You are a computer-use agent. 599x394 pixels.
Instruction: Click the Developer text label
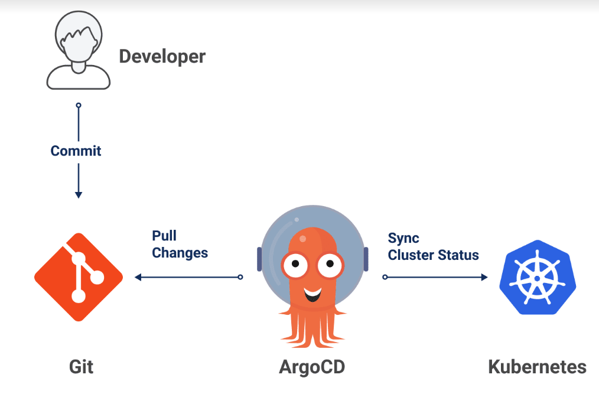click(x=162, y=57)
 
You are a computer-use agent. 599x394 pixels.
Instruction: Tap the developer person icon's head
click(x=79, y=36)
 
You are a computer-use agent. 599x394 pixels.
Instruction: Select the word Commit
click(x=76, y=151)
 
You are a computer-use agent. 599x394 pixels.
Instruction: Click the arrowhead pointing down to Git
click(x=79, y=195)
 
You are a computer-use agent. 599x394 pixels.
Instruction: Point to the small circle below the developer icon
click(x=79, y=105)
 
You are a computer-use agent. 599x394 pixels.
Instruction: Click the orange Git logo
click(x=79, y=277)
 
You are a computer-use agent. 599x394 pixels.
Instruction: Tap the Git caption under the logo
click(x=81, y=367)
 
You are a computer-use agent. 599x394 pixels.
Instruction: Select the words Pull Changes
click(x=180, y=244)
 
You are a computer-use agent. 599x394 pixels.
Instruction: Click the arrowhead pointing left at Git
click(x=138, y=277)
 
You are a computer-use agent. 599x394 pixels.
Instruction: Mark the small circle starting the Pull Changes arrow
click(x=240, y=277)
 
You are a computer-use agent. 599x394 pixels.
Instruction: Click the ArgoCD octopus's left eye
click(x=295, y=263)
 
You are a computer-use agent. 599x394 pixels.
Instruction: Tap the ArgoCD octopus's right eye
click(x=330, y=263)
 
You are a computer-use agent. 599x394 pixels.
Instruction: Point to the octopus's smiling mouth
click(x=312, y=294)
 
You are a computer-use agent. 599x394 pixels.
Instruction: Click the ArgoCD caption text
click(x=312, y=367)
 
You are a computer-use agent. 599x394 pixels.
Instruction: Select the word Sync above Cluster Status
click(x=403, y=239)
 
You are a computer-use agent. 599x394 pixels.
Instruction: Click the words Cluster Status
click(x=433, y=255)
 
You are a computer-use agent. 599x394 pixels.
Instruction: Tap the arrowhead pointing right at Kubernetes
click(x=484, y=277)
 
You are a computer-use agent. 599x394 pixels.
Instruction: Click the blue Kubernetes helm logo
click(x=538, y=278)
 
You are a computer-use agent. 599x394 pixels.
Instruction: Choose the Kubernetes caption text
click(x=537, y=367)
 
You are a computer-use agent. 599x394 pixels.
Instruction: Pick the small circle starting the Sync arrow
click(x=385, y=277)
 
